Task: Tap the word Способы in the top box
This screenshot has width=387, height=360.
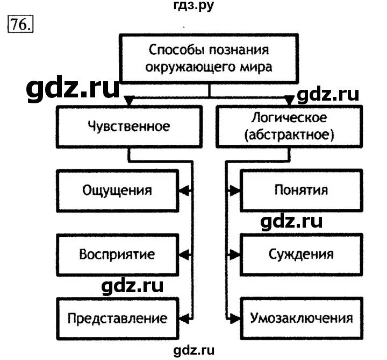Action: [x=171, y=52]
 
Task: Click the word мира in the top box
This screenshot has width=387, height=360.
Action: [x=256, y=68]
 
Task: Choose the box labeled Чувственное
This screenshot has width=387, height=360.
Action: [x=128, y=127]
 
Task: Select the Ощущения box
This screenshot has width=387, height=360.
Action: [x=117, y=190]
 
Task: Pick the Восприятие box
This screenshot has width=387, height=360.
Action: [x=117, y=254]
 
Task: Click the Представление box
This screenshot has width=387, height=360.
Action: [x=117, y=317]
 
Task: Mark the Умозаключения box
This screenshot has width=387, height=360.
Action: [x=300, y=317]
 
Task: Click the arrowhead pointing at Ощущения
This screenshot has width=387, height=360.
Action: [x=183, y=190]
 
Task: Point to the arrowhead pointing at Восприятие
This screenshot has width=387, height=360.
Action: [x=183, y=254]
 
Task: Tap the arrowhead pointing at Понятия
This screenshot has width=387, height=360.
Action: [x=234, y=190]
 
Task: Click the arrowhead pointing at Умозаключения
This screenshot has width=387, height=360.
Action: [x=234, y=317]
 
